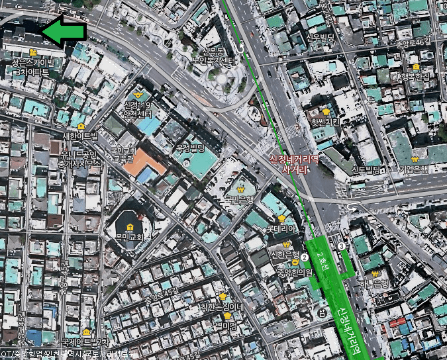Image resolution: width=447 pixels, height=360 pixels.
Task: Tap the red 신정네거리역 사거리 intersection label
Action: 295,164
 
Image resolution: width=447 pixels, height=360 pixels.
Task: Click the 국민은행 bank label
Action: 239,197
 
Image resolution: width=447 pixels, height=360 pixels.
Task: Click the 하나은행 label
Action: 372,285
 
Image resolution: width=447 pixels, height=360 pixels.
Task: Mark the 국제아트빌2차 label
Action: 85,342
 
